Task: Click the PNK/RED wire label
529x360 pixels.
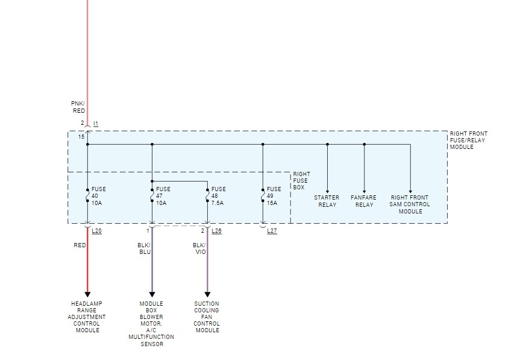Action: (x=78, y=107)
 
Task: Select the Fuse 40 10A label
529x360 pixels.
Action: (x=98, y=196)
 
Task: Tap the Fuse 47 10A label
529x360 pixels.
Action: (x=163, y=196)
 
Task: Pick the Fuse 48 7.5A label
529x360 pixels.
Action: (x=218, y=196)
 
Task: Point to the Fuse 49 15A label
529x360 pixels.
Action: (x=274, y=196)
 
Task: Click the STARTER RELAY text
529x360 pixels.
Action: (x=327, y=201)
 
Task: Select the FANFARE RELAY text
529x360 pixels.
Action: (x=364, y=201)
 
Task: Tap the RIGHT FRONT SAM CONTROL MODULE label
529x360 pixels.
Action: (x=410, y=204)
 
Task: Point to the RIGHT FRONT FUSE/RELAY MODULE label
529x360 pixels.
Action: (x=469, y=141)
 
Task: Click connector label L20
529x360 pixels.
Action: (x=96, y=231)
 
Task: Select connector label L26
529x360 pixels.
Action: (x=217, y=231)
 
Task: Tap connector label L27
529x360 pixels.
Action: (x=272, y=231)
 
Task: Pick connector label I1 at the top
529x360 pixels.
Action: (x=96, y=124)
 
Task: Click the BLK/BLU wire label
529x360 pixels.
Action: (x=145, y=248)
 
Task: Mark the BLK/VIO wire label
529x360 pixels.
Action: (x=199, y=248)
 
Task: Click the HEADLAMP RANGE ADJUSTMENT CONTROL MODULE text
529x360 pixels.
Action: (x=88, y=317)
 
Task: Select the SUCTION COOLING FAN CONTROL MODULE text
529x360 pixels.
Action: (x=207, y=317)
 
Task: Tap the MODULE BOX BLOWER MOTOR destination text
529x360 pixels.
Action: (x=151, y=324)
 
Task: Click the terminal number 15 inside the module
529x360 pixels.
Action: (x=81, y=137)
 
